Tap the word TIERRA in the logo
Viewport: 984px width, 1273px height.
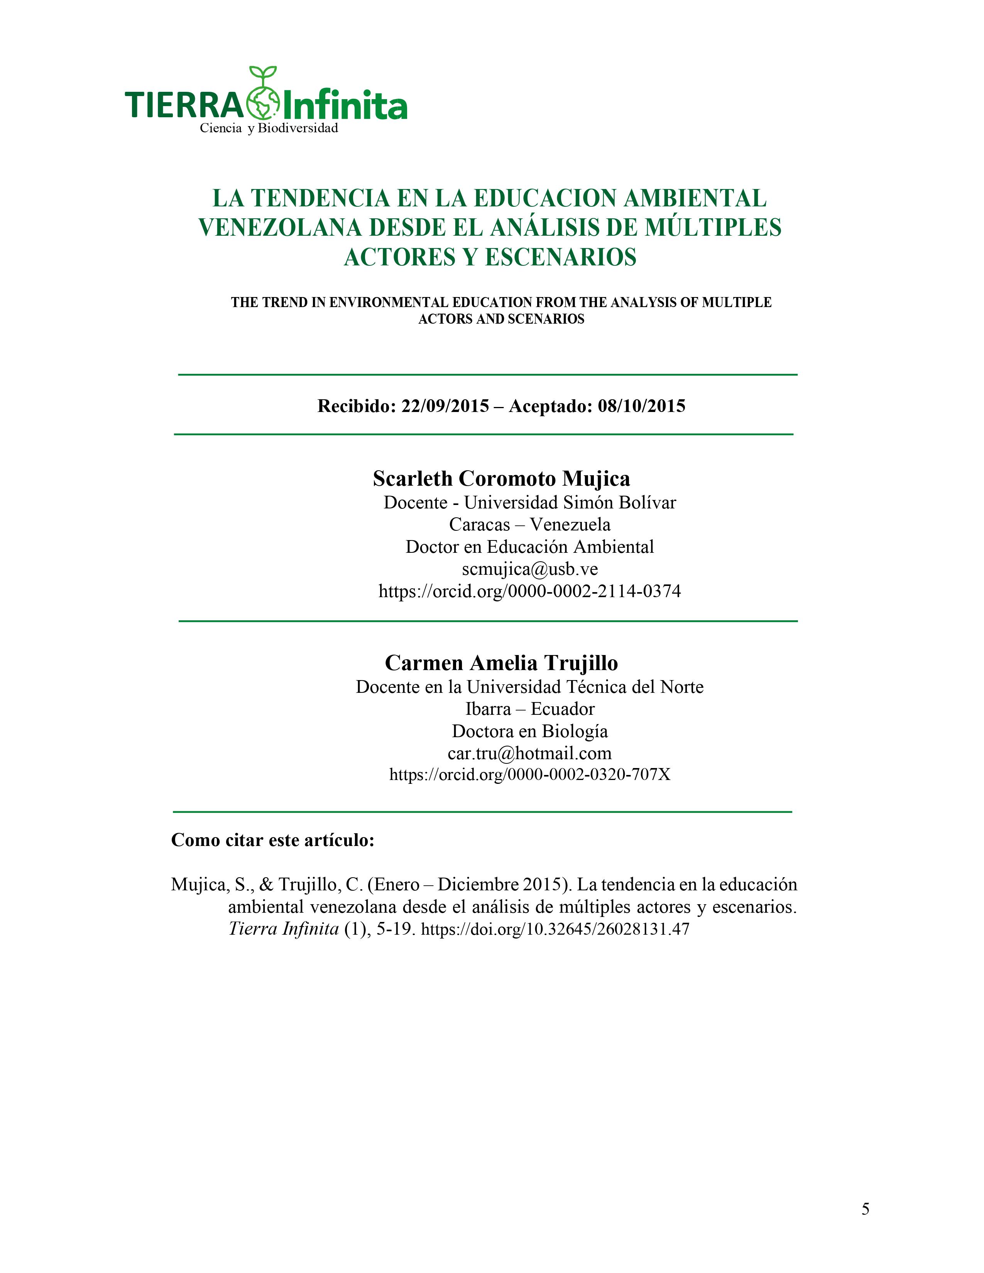184,105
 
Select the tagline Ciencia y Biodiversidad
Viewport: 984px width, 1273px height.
269,128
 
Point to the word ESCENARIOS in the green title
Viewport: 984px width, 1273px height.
560,257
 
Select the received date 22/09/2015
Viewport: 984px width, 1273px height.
445,406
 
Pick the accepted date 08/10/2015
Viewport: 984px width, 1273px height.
641,406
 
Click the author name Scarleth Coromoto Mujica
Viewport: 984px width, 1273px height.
501,479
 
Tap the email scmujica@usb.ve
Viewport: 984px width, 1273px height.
530,569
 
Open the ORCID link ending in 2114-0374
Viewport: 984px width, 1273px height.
529,591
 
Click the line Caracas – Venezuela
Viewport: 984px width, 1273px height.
529,525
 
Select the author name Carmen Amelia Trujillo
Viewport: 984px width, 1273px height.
501,663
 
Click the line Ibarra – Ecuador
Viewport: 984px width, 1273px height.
529,709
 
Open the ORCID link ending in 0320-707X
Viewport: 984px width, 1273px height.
529,775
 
